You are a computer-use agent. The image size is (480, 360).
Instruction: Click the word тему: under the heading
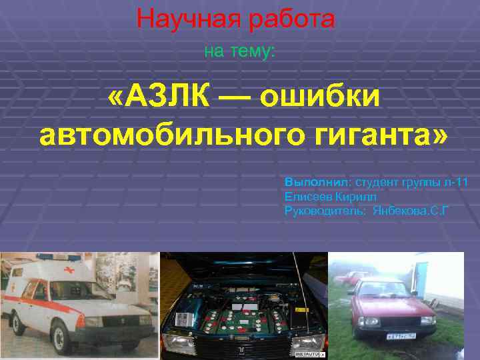pyautogui.click(x=253, y=51)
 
